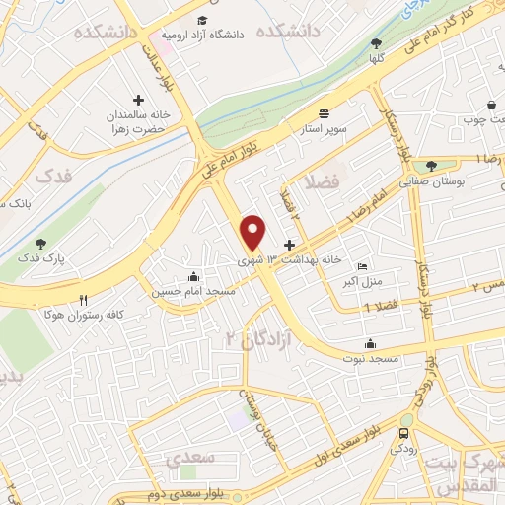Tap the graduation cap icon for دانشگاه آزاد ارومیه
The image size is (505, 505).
pos(202,21)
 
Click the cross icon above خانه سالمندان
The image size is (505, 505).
pos(138,101)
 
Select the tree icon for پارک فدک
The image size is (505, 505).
pos(40,243)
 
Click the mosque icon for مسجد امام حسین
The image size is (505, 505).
pos(193,277)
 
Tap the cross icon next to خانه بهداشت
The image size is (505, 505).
pos(289,245)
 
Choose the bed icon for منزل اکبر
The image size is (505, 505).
pos(362,266)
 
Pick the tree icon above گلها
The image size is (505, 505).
pos(376,42)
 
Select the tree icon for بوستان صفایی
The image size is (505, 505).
pos(431,166)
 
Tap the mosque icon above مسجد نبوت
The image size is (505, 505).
pos(370,343)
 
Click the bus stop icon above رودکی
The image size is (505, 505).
pos(405,433)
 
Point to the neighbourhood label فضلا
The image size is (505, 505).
pos(322,182)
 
